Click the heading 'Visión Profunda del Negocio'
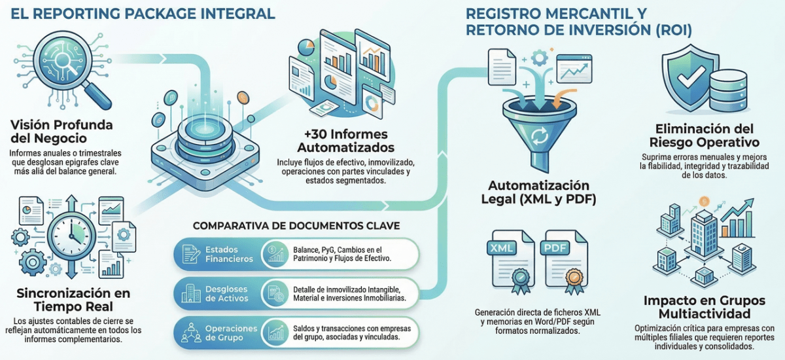[x=61, y=132]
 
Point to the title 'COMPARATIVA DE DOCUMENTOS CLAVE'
[x=296, y=226]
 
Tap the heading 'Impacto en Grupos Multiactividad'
[x=703, y=307]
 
